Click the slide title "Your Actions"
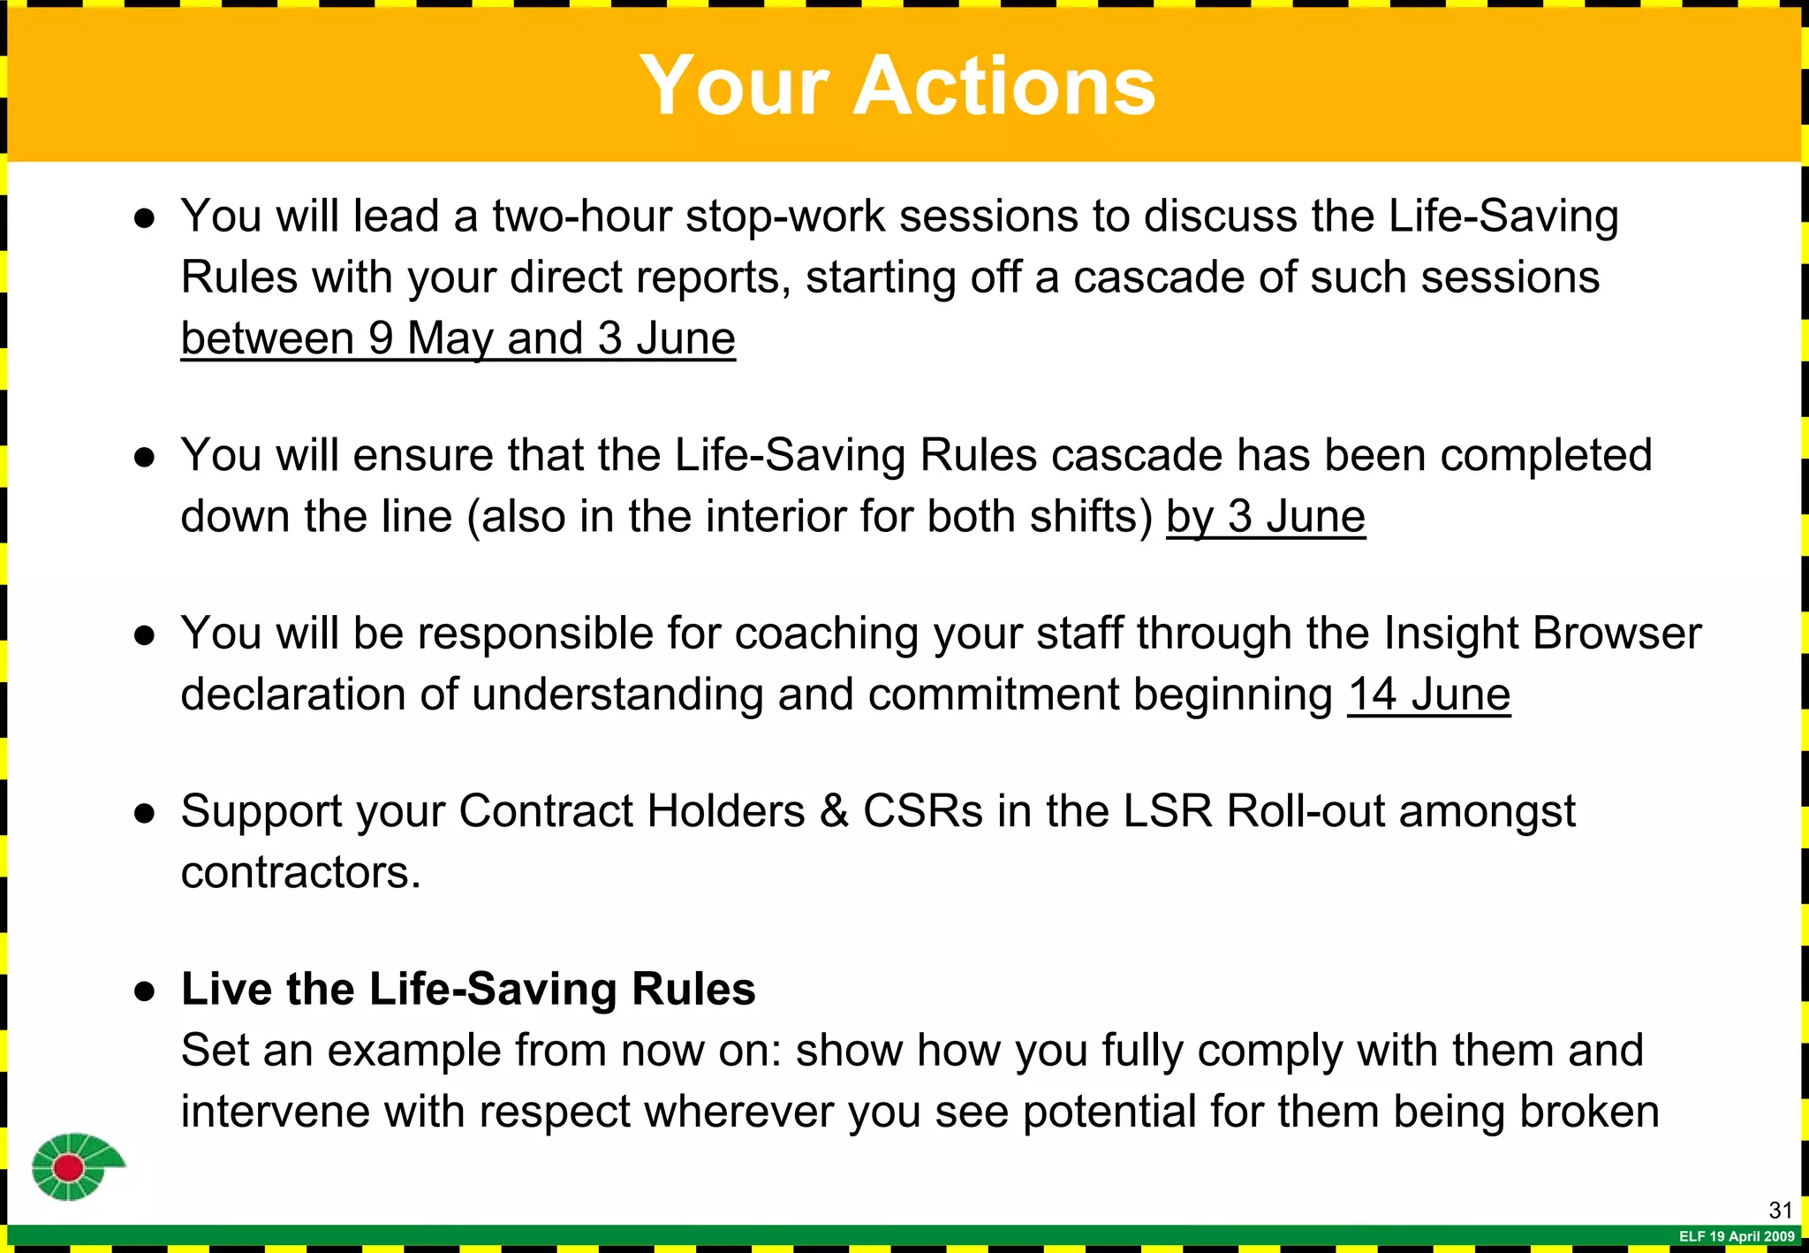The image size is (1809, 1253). [x=897, y=86]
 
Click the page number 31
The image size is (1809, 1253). [x=1780, y=1211]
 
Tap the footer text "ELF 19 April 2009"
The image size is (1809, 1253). [x=1737, y=1237]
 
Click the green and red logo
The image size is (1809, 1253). [x=76, y=1166]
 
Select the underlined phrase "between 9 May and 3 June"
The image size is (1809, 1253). [x=458, y=338]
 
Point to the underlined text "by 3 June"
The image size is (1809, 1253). [x=1265, y=517]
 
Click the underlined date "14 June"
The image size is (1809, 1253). [x=1428, y=695]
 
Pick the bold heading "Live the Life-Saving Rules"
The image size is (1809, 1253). [x=468, y=989]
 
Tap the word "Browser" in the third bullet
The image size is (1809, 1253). [x=1616, y=634]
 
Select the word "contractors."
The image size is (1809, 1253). [x=300, y=873]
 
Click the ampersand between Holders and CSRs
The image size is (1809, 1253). [x=834, y=811]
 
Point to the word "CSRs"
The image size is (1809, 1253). [x=922, y=811]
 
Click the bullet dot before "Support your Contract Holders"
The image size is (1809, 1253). [x=145, y=813]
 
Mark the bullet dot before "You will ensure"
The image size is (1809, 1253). [x=145, y=457]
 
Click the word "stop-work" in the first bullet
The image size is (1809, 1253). [x=784, y=216]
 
